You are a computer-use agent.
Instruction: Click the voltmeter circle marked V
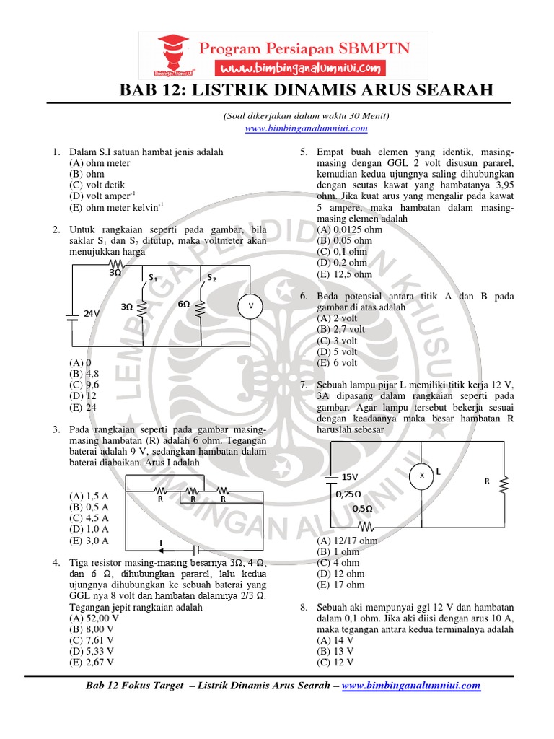251,306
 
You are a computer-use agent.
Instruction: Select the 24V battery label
92,314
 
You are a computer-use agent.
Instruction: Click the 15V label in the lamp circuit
350,477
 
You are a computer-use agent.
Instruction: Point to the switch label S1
153,277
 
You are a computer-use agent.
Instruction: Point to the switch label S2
212,277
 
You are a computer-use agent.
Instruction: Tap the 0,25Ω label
348,494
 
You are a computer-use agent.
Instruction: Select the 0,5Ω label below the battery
362,508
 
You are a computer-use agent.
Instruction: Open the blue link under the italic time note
307,128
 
